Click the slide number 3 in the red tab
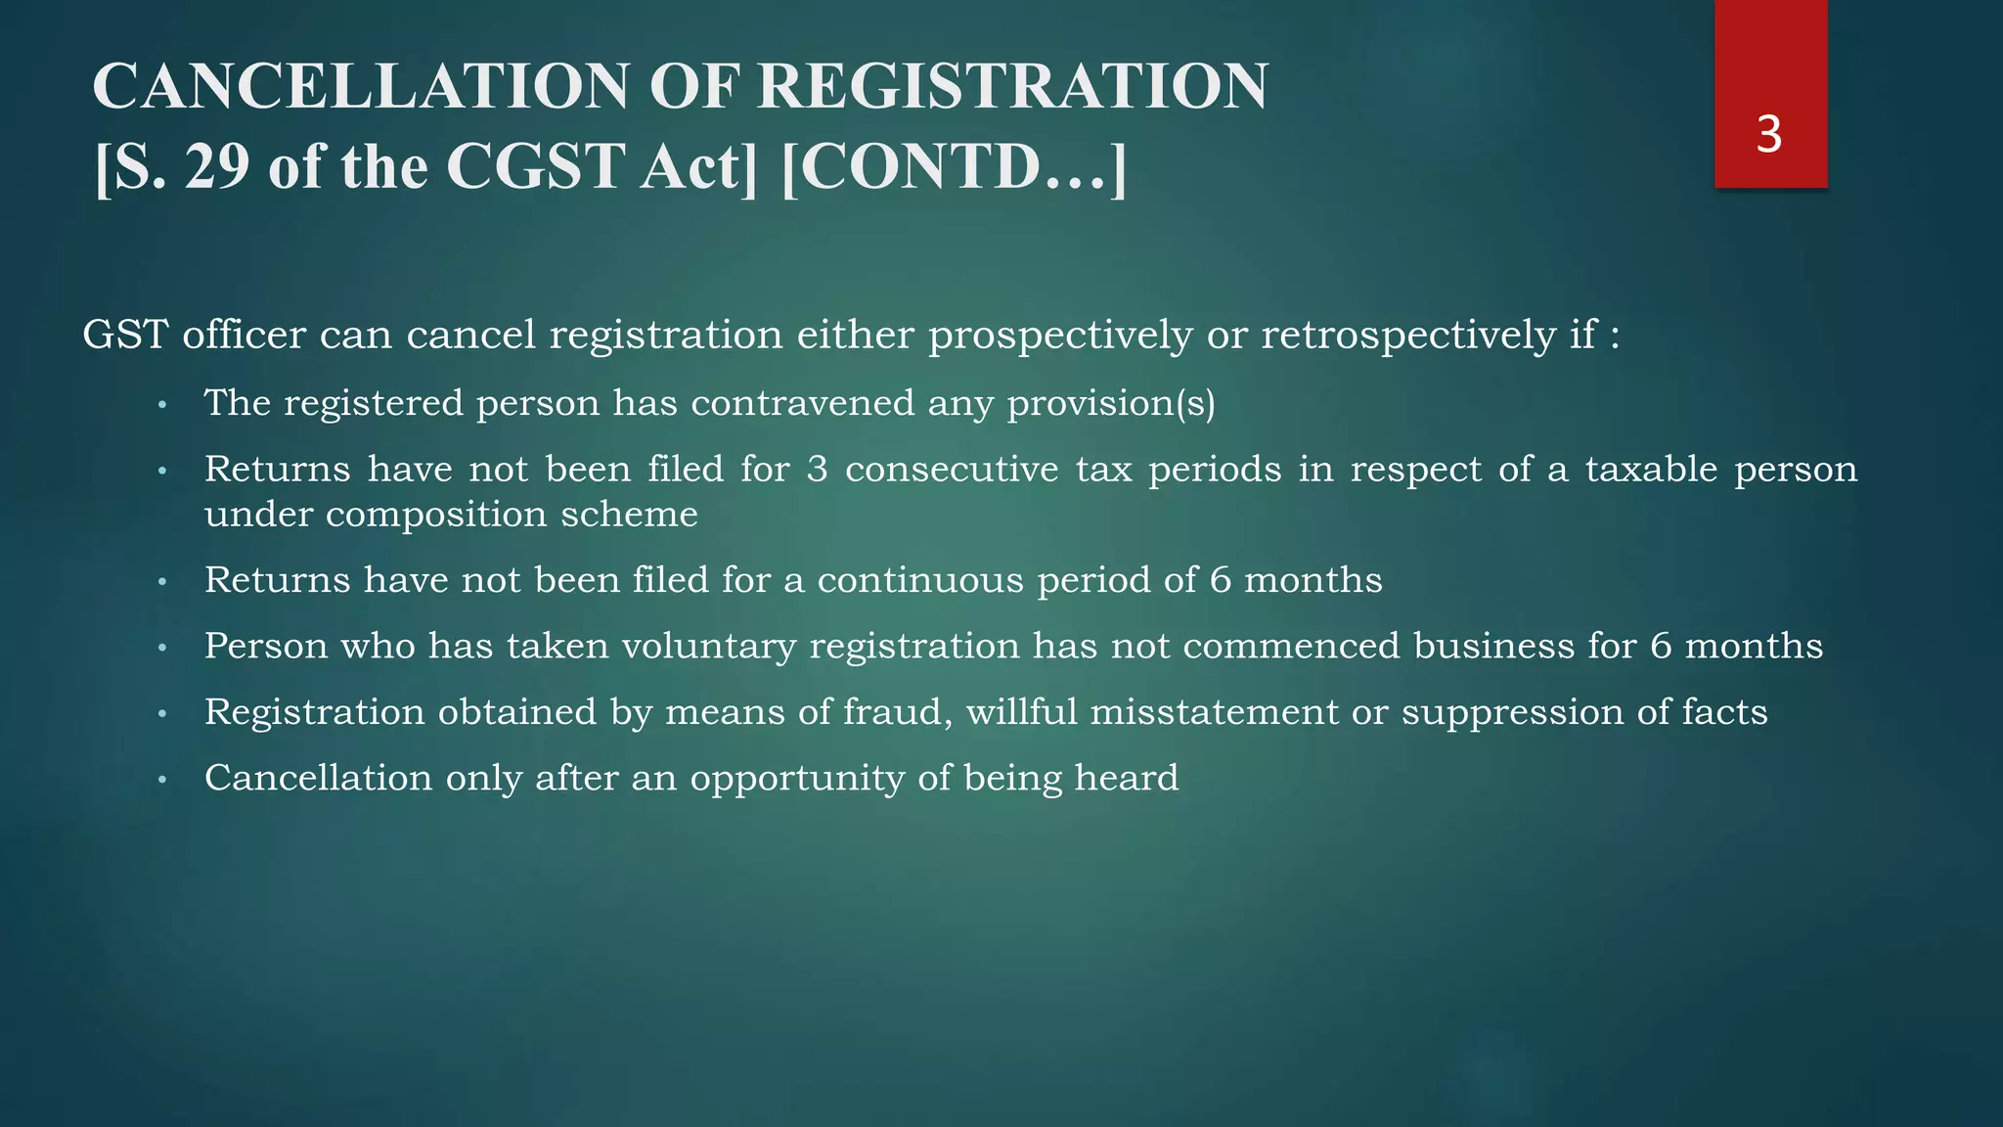[1768, 135]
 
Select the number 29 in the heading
[217, 166]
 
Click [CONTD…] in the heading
[955, 166]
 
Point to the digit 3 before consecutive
[818, 470]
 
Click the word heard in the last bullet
[1127, 778]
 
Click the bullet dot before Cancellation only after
[163, 780]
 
